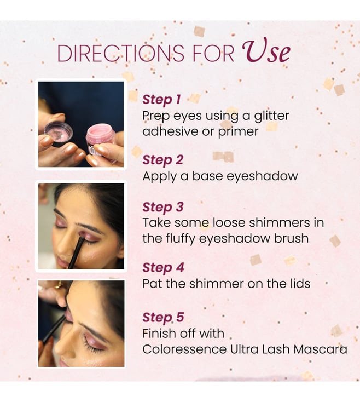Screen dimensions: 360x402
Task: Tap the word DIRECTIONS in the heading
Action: [120, 53]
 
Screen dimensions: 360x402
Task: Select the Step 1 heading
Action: [161, 100]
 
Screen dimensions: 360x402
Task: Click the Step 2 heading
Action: [163, 160]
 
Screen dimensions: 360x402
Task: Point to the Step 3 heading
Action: [163, 207]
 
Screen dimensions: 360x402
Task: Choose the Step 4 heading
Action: [163, 268]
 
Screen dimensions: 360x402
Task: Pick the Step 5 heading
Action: [163, 318]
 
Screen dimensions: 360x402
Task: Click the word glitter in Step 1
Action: [271, 116]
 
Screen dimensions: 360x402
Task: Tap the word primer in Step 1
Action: [238, 132]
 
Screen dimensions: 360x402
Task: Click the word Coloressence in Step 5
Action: [184, 349]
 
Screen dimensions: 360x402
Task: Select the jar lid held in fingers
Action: [58, 133]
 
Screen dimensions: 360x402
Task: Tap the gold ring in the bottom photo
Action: [58, 285]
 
